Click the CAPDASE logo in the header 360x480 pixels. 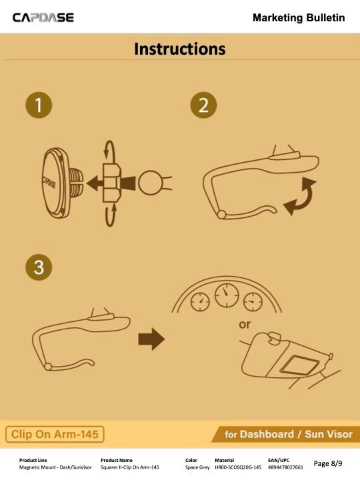click(43, 17)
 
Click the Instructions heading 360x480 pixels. click(180, 49)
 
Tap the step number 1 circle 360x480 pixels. click(39, 105)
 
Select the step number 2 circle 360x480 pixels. click(203, 105)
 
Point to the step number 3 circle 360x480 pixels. click(39, 267)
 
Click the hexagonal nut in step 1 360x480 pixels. click(112, 183)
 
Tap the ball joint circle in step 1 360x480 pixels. click(150, 183)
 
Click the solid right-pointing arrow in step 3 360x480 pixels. click(151, 339)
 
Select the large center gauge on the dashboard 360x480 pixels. click(227, 295)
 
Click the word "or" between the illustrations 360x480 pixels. click(245, 325)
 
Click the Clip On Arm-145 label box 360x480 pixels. click(55, 434)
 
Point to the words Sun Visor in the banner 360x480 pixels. click(329, 434)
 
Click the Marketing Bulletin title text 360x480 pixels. click(299, 18)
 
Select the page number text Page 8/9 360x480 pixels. click(328, 463)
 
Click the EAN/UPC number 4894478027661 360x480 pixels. click(285, 467)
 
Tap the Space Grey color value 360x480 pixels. click(197, 467)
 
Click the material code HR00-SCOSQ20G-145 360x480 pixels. click(238, 467)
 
